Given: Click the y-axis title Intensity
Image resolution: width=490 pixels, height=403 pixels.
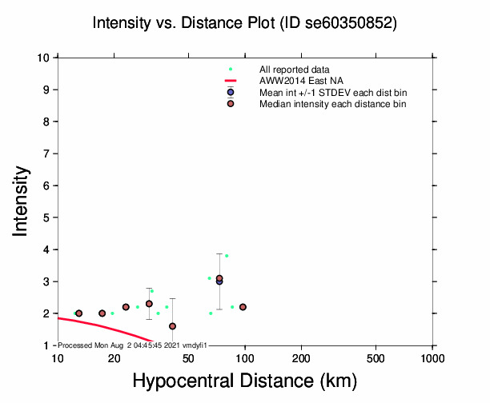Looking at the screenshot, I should click(x=22, y=201).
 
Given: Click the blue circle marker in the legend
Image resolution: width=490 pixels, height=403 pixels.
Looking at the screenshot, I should click(x=231, y=93).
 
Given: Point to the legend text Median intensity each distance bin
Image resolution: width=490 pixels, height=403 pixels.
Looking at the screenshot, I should click(x=332, y=104).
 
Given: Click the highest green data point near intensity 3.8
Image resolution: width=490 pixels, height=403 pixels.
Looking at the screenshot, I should click(x=227, y=256).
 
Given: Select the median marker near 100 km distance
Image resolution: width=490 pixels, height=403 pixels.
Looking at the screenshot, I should click(x=243, y=307).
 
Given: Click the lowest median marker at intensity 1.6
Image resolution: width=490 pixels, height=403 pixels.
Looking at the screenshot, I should click(x=173, y=326).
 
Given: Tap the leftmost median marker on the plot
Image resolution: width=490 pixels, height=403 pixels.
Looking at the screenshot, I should click(x=78, y=313).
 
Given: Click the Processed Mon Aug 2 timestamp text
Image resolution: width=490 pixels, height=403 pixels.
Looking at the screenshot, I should click(x=133, y=345).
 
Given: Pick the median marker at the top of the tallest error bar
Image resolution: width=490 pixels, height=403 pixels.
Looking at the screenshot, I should click(x=219, y=278).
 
